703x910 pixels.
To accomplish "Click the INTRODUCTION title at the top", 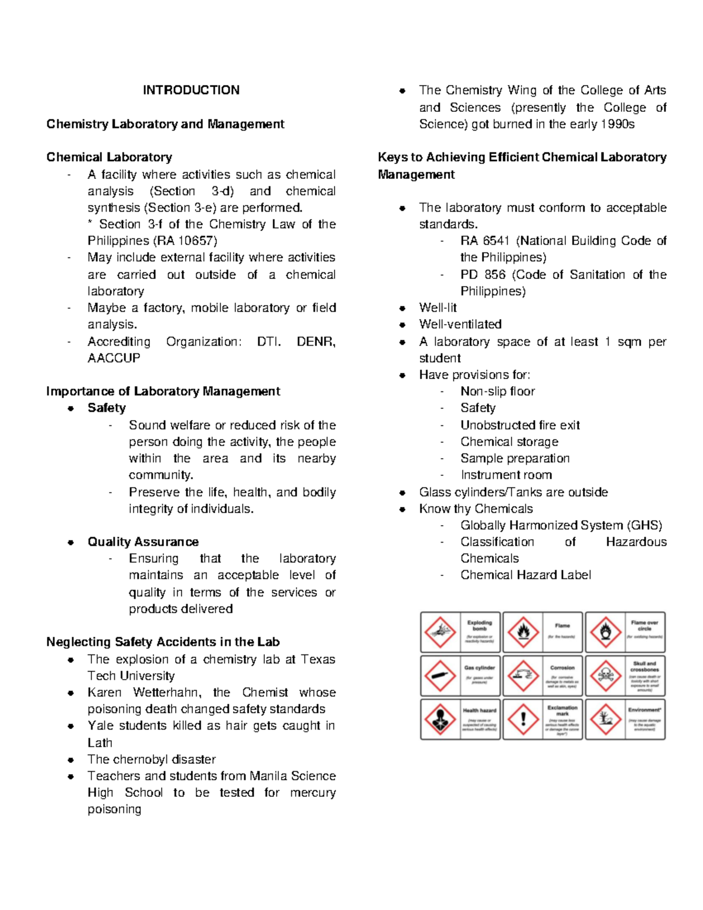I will pyautogui.click(x=191, y=90).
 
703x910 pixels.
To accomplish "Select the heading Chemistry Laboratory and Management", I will pyautogui.click(x=165, y=124).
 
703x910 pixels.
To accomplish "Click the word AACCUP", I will pyautogui.click(x=114, y=358).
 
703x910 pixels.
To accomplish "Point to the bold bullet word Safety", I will pyautogui.click(x=107, y=408).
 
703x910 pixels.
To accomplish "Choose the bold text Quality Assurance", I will pyautogui.click(x=143, y=542).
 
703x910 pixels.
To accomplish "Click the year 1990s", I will pyautogui.click(x=617, y=124).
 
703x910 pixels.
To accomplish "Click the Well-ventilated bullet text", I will pyautogui.click(x=460, y=325).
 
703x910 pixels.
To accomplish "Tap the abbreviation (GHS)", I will pyautogui.click(x=644, y=526).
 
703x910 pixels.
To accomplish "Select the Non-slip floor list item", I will pyautogui.click(x=497, y=391).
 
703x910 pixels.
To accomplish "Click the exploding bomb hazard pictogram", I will pyautogui.click(x=440, y=632).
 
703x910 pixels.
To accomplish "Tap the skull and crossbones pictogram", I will pyautogui.click(x=605, y=676).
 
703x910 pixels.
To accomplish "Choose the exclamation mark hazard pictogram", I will pyautogui.click(x=523, y=719).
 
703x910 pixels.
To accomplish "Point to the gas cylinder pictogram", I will pyautogui.click(x=440, y=676).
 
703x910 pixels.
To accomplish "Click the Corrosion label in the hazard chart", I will pyautogui.click(x=562, y=668).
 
